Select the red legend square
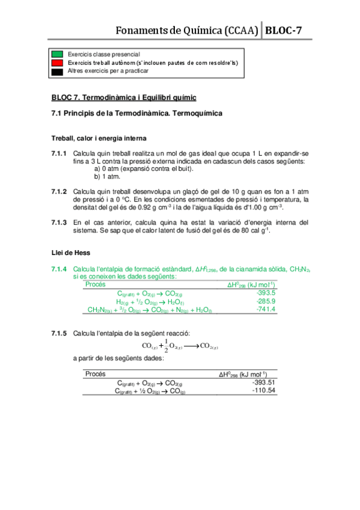point(57,62)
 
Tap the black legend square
point(57,70)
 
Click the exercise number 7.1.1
point(59,153)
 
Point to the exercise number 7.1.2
point(59,191)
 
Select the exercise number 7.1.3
point(59,221)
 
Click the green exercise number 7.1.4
point(59,269)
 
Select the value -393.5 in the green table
point(266,293)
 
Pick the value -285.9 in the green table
point(266,301)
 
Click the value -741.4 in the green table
point(266,309)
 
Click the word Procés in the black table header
point(96,373)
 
